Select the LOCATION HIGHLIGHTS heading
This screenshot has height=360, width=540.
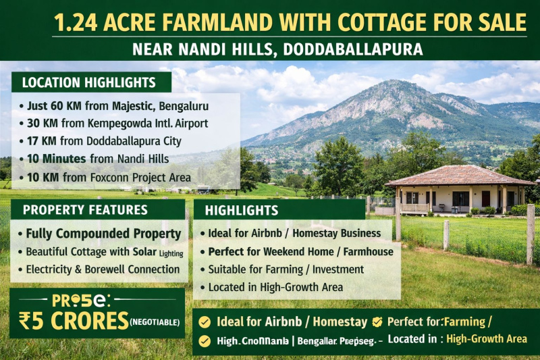click(88, 83)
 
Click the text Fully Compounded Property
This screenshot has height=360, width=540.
click(103, 234)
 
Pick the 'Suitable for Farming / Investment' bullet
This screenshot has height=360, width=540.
click(286, 269)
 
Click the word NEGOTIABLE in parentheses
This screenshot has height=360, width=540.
click(155, 322)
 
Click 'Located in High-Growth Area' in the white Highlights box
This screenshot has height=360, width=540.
click(275, 287)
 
